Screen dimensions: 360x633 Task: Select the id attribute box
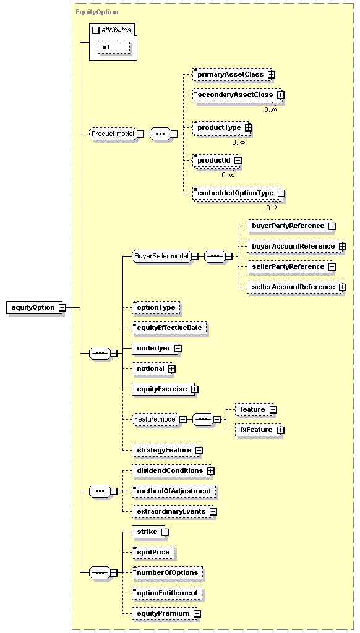pos(114,47)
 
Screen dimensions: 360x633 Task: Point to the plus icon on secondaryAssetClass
pos(280,95)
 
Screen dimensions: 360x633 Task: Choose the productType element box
pos(220,127)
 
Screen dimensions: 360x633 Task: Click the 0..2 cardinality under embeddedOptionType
pos(272,208)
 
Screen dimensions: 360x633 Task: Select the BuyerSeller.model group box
pos(161,256)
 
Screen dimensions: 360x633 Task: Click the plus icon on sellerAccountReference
pos(342,287)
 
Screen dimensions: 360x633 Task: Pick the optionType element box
pos(156,308)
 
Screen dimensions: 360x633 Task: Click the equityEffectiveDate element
pos(169,328)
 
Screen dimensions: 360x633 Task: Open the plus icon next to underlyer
pos(178,349)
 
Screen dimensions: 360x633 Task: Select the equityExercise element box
pos(163,389)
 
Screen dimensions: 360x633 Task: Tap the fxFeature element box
pos(258,430)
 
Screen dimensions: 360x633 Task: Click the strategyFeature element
pos(165,450)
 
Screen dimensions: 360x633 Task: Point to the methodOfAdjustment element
pos(174,491)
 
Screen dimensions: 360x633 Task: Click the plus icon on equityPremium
pos(197,613)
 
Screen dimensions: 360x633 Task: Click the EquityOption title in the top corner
pos(97,12)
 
